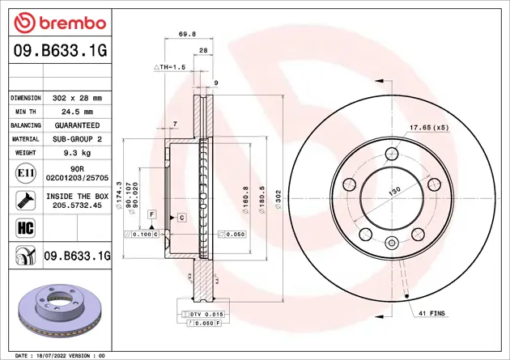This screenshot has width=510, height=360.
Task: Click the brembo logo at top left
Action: pos(56,20)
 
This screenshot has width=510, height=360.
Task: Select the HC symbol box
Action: pos(23,226)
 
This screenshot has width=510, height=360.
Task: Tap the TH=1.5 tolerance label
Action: pos(171,67)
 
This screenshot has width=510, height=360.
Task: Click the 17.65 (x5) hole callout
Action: pos(428,128)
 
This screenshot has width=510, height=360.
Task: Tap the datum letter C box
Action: pos(181,218)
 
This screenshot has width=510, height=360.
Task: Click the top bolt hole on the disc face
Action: pos(392,155)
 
